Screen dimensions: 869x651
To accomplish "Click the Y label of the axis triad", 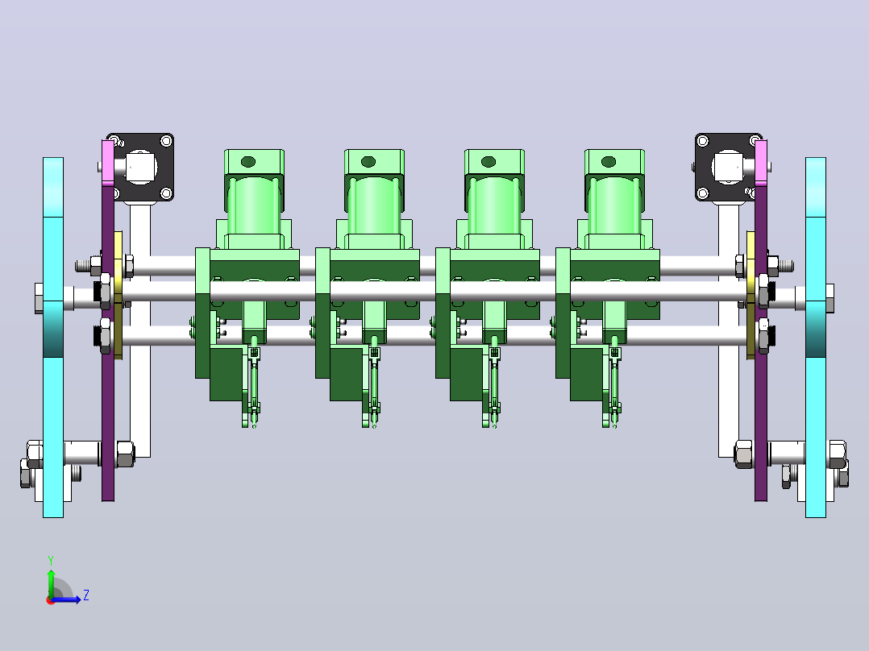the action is [x=51, y=560].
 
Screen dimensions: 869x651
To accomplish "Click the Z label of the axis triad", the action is [x=86, y=595].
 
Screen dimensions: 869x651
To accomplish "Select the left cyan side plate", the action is [x=53, y=338].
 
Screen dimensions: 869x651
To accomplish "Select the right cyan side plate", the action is [x=815, y=338].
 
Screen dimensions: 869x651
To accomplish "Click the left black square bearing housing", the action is [x=143, y=167].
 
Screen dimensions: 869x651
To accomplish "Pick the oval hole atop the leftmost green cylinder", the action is [x=248, y=162].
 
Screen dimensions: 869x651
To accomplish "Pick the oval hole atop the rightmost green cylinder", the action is [x=609, y=162].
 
